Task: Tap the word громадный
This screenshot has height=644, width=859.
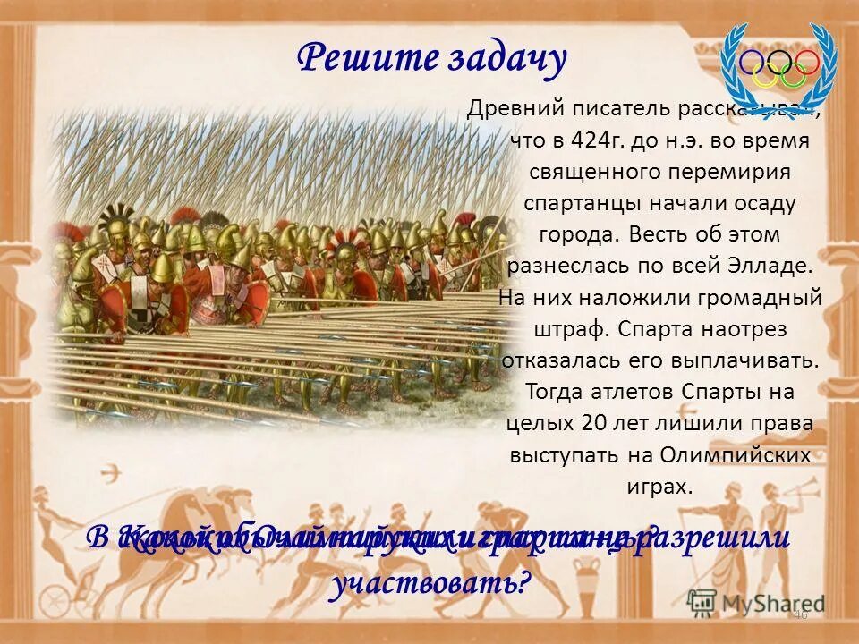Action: [x=760, y=297]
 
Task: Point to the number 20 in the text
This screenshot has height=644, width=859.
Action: [x=597, y=422]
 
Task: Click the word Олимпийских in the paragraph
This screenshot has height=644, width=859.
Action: [x=736, y=453]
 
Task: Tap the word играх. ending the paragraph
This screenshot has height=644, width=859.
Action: [x=659, y=486]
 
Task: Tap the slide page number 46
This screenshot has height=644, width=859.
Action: [x=800, y=615]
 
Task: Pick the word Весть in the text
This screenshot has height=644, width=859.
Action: [x=664, y=234]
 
